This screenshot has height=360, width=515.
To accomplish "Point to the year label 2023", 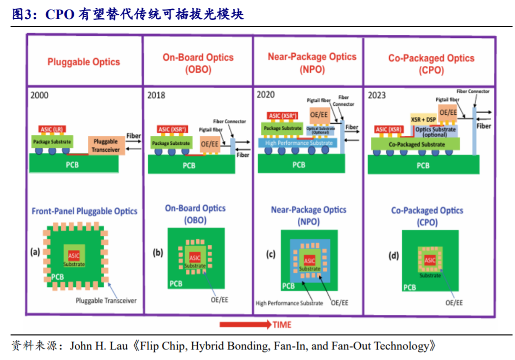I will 377,95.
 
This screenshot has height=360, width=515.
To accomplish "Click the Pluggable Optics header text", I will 84,62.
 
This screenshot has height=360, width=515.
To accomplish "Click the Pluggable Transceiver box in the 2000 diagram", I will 106,146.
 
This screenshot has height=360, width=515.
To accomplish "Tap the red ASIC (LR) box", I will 52,129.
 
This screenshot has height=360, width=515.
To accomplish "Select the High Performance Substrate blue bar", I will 299,143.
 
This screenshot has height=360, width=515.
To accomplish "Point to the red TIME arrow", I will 245,324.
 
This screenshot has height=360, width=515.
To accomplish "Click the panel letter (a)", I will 36,252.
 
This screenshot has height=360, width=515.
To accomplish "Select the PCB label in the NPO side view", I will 298,165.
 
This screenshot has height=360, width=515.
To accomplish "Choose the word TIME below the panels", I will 282,325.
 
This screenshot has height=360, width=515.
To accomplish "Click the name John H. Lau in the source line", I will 100,346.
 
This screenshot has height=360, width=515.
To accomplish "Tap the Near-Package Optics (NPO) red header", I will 312,62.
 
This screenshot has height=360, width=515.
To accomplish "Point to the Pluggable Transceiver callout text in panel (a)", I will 106,301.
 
